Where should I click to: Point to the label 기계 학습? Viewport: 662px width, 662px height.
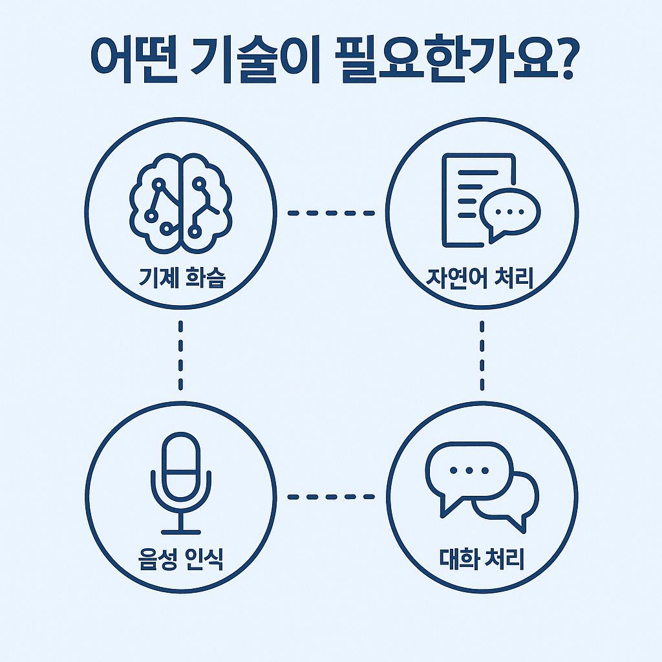point(180,279)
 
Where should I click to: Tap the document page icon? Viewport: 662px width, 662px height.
point(472,194)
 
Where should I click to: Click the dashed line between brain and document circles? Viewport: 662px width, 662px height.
point(331,213)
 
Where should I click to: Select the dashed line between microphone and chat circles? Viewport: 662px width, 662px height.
point(331,496)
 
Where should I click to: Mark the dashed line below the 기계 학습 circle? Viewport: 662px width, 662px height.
point(180,355)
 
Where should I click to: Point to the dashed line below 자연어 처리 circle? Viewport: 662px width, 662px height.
point(482,355)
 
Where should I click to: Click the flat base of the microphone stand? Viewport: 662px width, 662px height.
point(180,531)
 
